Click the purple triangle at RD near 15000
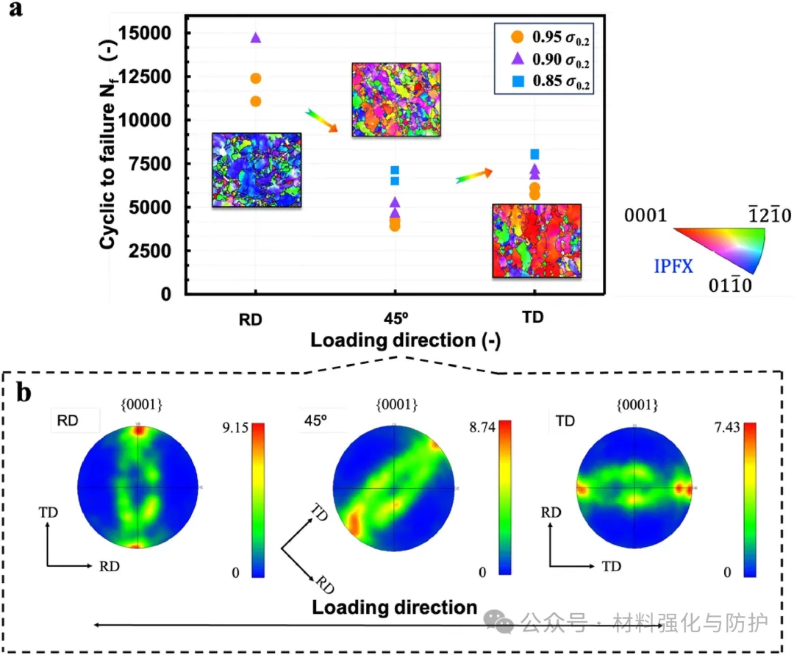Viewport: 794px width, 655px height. click(x=256, y=37)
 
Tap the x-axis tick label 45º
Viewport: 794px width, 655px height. click(x=395, y=321)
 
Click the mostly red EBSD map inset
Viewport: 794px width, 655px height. click(x=537, y=241)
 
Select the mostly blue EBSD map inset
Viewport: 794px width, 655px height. click(x=257, y=171)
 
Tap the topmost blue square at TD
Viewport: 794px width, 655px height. click(x=534, y=154)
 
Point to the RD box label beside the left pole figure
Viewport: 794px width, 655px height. click(x=65, y=422)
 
